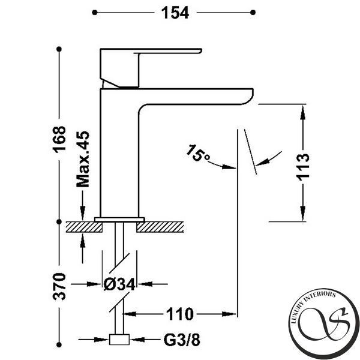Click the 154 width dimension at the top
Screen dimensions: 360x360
[175, 13]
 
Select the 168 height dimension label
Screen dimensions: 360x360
[59, 139]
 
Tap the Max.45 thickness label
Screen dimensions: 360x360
[83, 159]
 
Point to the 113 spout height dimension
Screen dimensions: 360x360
[302, 167]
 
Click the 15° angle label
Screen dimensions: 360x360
[197, 153]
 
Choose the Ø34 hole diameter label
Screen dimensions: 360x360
[119, 284]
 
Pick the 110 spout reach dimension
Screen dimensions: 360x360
[179, 314]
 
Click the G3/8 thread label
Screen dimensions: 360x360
[182, 340]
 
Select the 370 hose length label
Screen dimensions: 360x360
[59, 286]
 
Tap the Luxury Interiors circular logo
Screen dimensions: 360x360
[324, 324]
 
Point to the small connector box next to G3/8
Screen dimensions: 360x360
[119, 340]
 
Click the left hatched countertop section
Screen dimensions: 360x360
[84, 227]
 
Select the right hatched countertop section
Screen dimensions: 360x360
[160, 227]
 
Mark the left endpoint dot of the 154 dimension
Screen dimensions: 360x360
[95, 13]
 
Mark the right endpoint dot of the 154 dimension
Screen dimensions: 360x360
[253, 13]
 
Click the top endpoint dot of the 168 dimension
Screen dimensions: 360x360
[59, 49]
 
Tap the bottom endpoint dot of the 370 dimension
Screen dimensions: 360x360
[59, 344]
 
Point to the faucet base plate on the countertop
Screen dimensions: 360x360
[119, 220]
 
